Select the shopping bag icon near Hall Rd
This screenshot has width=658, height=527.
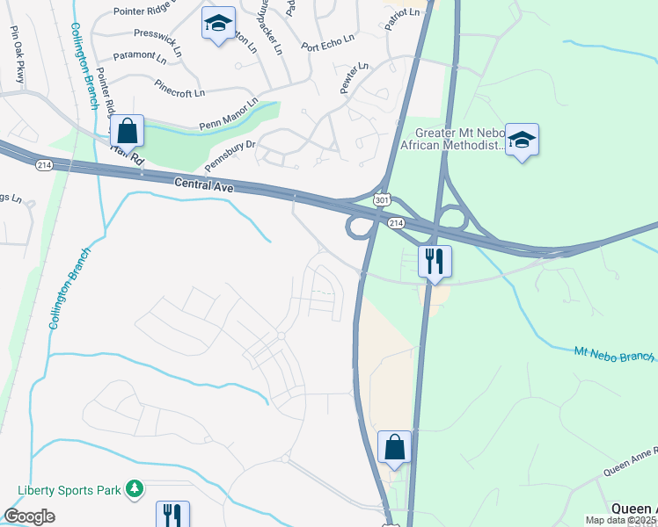(x=128, y=132)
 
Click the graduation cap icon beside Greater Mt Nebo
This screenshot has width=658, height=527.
(x=522, y=141)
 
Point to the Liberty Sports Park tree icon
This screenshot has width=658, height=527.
(x=135, y=487)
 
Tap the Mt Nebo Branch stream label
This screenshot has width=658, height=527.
(x=614, y=354)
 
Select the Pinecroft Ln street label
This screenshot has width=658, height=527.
(x=179, y=90)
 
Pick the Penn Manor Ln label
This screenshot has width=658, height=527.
(x=229, y=113)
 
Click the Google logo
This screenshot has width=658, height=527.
(x=29, y=516)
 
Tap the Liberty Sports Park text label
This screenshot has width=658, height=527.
(x=69, y=488)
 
